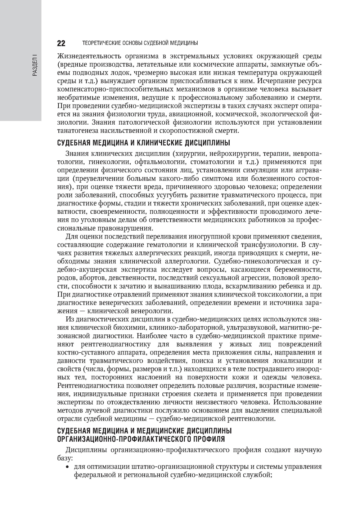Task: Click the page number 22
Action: click(x=61, y=43)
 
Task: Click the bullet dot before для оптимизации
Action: click(x=67, y=467)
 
